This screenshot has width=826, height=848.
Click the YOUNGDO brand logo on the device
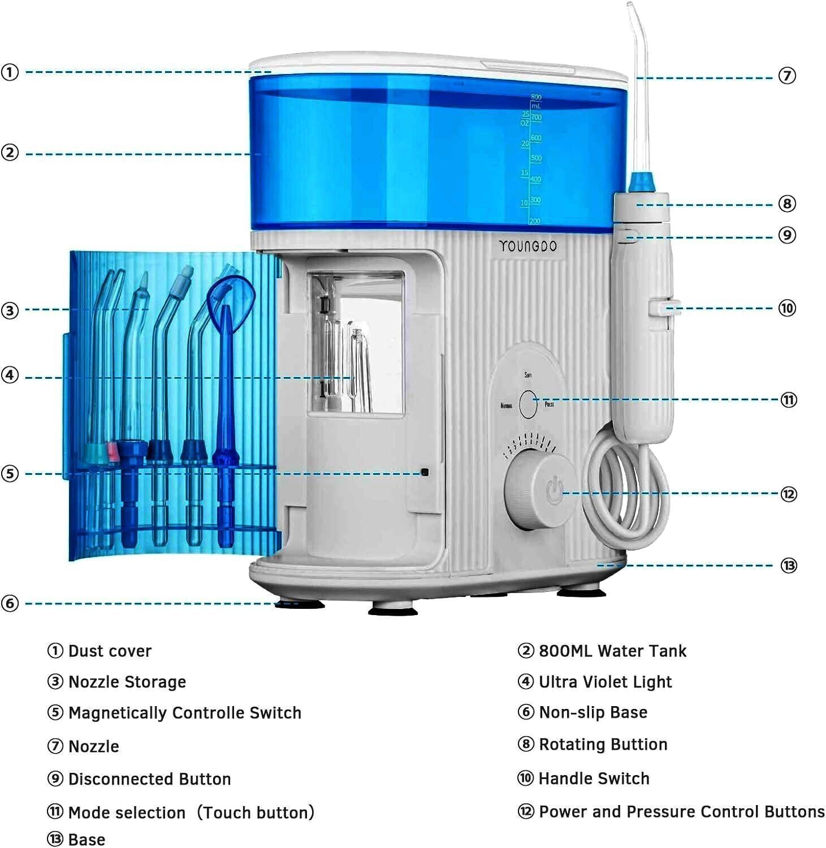tap(527, 246)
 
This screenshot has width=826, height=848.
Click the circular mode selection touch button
tap(528, 404)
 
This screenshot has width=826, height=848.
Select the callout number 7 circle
tap(787, 75)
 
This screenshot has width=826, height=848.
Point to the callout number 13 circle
tap(789, 565)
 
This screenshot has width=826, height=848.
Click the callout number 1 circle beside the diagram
tap(10, 72)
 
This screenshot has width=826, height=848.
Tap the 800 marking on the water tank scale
tap(536, 97)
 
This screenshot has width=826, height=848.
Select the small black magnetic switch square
tap(425, 472)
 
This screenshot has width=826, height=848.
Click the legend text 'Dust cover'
tap(110, 651)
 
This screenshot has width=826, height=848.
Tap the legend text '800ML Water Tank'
tap(612, 651)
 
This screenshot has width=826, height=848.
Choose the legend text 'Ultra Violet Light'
tap(605, 682)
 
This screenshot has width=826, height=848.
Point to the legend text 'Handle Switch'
tap(594, 778)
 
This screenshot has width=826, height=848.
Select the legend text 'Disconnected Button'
tap(149, 779)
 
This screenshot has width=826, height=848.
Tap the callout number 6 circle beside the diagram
tap(10, 603)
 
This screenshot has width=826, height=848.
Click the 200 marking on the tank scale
tap(535, 222)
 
